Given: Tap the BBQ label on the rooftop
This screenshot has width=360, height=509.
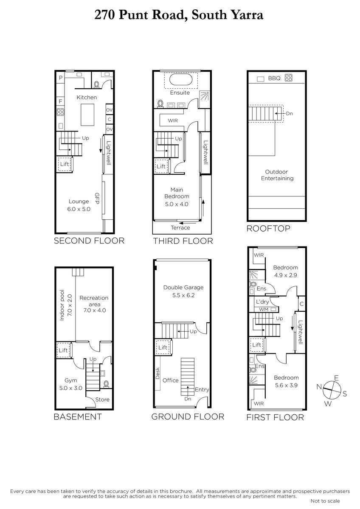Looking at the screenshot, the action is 274,78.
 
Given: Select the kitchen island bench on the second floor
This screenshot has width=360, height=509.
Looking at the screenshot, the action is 87,115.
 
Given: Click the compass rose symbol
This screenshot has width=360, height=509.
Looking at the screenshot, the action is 332,390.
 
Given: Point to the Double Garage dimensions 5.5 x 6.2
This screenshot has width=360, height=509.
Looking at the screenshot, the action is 183,295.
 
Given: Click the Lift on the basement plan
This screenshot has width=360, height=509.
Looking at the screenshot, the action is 64,350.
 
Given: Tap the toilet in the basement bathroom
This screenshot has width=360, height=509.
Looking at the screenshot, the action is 106,384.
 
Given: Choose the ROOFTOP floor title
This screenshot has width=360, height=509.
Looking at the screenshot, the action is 268,228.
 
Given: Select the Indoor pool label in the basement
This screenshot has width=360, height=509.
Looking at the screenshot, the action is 62,305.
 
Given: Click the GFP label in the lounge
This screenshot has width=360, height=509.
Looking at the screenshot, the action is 97,199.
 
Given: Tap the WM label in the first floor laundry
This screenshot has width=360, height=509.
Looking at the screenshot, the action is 264,310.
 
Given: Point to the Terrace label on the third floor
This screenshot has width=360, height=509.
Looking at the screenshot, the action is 180,228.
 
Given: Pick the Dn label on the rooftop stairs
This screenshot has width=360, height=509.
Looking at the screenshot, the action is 289,113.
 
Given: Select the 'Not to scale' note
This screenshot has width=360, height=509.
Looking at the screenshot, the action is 325,501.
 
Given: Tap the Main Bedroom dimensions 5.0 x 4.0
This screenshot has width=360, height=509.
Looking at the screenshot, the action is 177,204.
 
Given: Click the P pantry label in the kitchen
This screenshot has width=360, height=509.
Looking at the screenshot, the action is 60,78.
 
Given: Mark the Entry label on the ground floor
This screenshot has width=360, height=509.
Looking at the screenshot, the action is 202,390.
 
